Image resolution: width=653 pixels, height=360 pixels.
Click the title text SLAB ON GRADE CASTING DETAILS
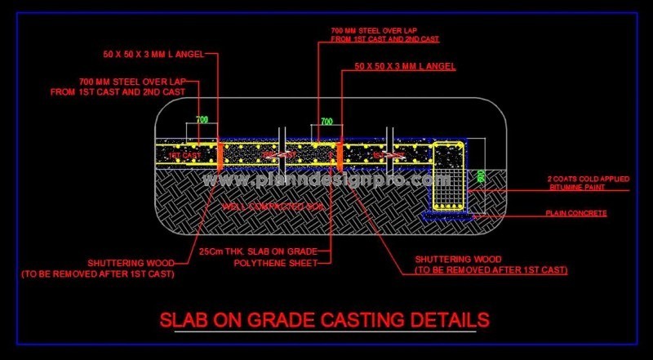[325, 318]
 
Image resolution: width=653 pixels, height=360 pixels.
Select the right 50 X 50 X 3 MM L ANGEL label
[405, 65]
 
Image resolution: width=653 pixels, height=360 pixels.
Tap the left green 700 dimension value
[201, 120]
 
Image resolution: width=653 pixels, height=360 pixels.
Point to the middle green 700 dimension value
[326, 122]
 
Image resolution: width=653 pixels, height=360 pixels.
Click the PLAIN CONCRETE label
[575, 213]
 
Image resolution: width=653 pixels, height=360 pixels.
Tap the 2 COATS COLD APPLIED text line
[586, 178]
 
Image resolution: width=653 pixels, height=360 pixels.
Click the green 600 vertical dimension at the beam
[482, 176]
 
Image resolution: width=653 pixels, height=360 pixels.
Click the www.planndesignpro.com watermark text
[326, 179]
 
